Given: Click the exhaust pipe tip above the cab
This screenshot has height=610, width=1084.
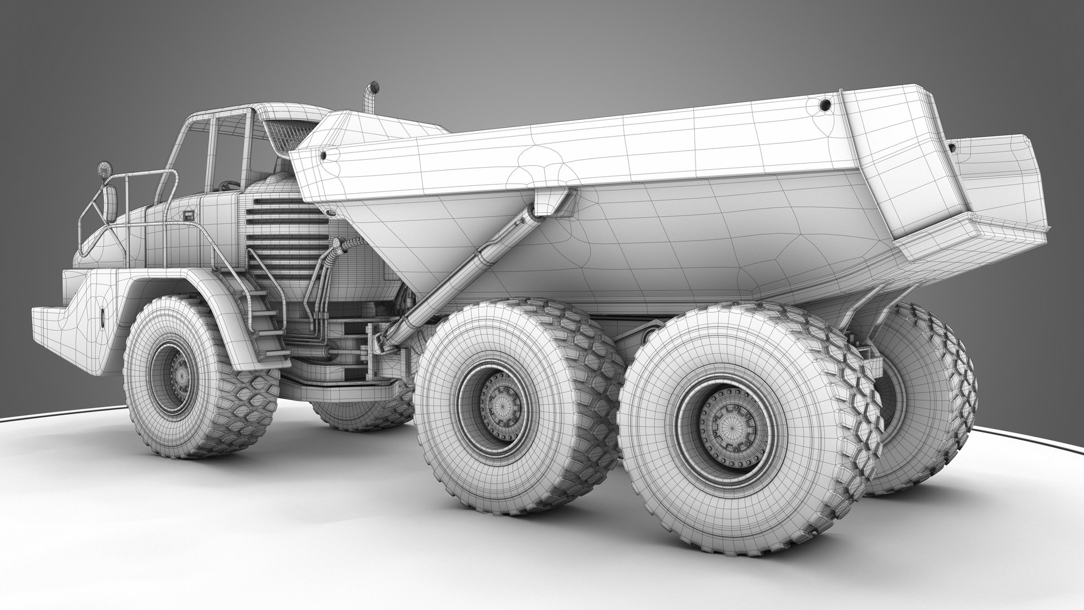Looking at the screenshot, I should pyautogui.click(x=372, y=89).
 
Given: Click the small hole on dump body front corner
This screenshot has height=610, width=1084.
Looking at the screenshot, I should pyautogui.click(x=323, y=154).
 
